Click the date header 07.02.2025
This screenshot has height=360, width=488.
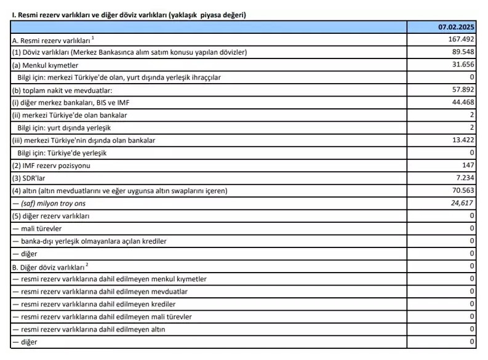tap(457, 27)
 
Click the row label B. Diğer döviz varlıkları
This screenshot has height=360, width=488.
tap(49, 266)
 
